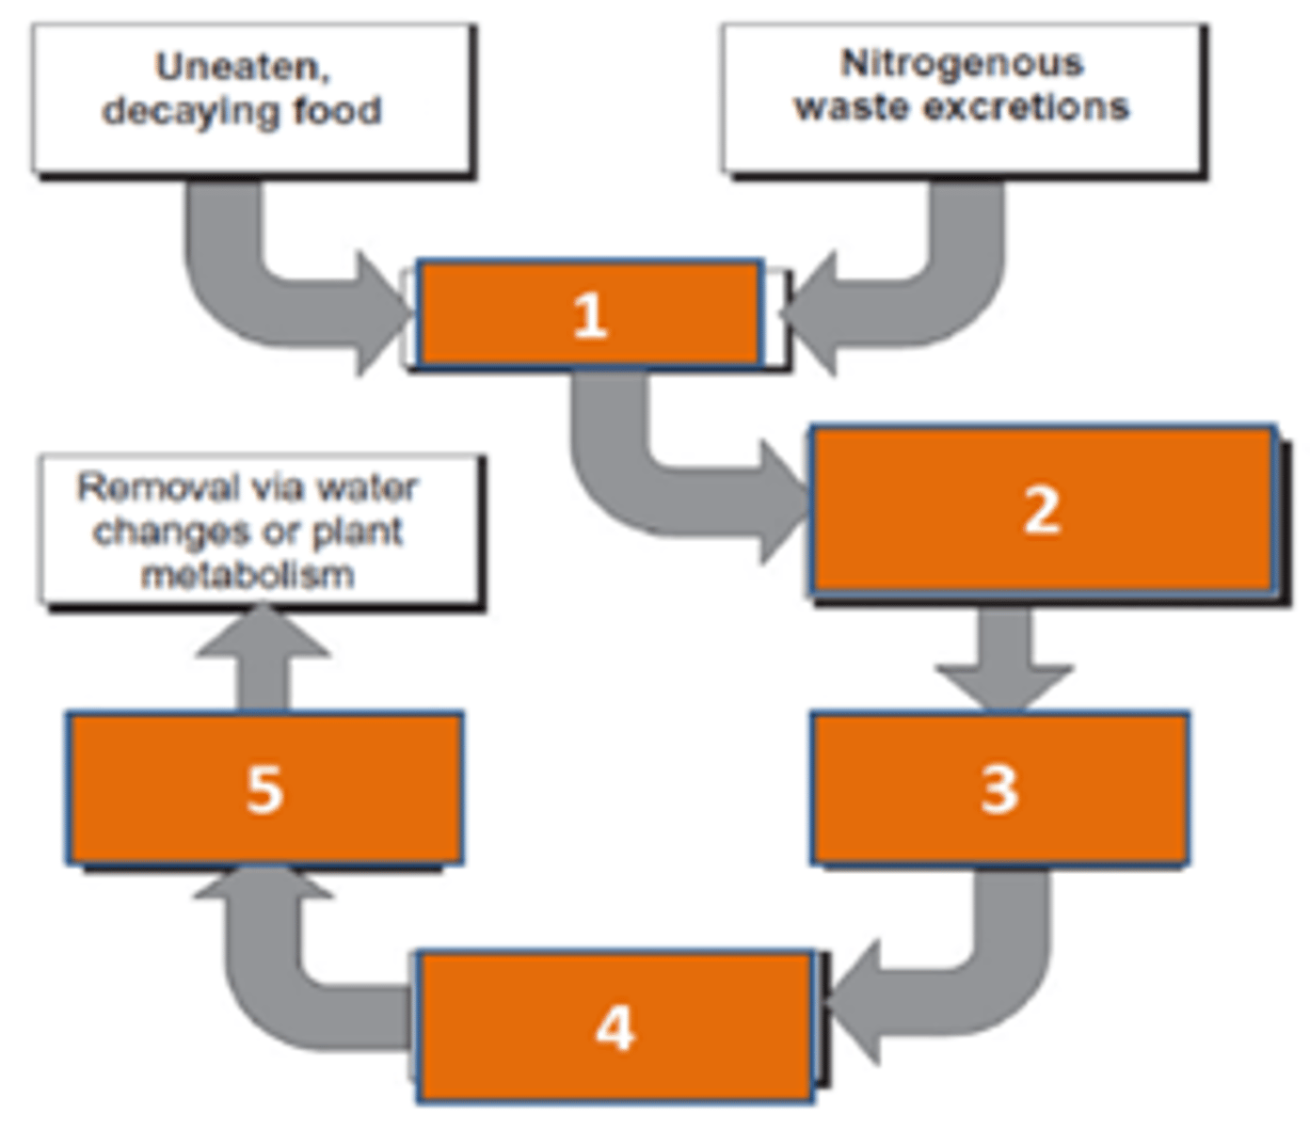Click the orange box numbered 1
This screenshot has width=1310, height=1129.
(x=589, y=314)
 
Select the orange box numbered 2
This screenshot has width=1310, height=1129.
(x=1042, y=511)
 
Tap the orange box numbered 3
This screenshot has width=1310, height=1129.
(x=999, y=788)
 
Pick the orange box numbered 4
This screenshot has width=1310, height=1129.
(x=615, y=1026)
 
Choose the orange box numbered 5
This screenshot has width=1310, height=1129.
(x=264, y=788)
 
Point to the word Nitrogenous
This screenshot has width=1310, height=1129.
(x=962, y=64)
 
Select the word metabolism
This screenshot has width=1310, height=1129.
(x=248, y=574)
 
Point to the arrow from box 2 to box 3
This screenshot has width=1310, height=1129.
(x=1004, y=659)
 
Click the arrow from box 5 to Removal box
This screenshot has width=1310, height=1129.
(x=264, y=659)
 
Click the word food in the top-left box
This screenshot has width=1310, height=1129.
(x=337, y=111)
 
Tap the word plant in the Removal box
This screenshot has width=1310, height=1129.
(x=358, y=532)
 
